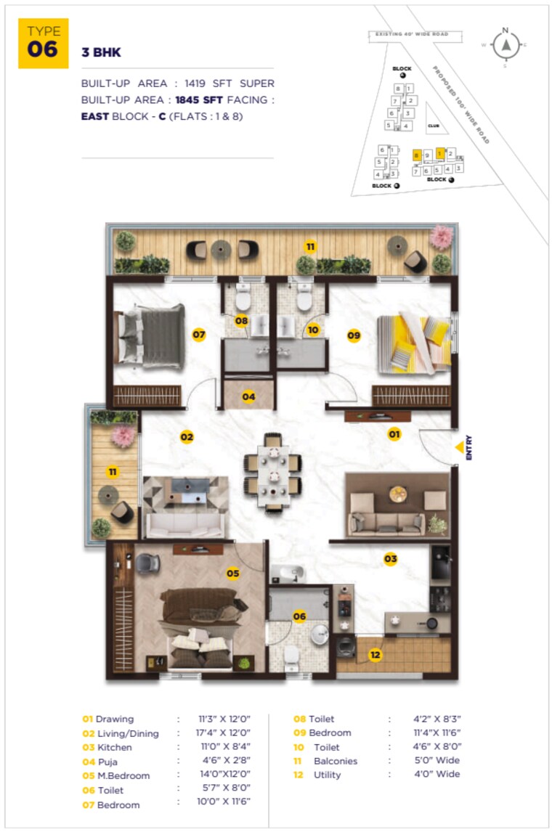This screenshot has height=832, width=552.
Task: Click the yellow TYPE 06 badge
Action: [44, 43]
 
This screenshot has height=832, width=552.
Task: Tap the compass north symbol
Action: [505, 45]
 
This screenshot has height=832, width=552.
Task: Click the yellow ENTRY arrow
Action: [459, 449]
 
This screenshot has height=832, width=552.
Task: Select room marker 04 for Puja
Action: [248, 397]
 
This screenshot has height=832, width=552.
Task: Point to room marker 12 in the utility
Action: [375, 655]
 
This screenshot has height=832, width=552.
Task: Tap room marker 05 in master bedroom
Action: [232, 574]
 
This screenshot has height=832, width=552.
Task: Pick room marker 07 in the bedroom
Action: [199, 335]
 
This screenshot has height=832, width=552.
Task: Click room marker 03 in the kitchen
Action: [391, 558]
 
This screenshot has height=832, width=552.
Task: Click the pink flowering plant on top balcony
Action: [441, 236]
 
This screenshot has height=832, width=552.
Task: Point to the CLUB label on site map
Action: [433, 126]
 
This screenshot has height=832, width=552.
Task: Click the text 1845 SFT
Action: [200, 99]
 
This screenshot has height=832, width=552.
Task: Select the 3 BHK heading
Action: [102, 53]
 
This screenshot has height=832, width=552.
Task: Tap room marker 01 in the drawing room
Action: [394, 434]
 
